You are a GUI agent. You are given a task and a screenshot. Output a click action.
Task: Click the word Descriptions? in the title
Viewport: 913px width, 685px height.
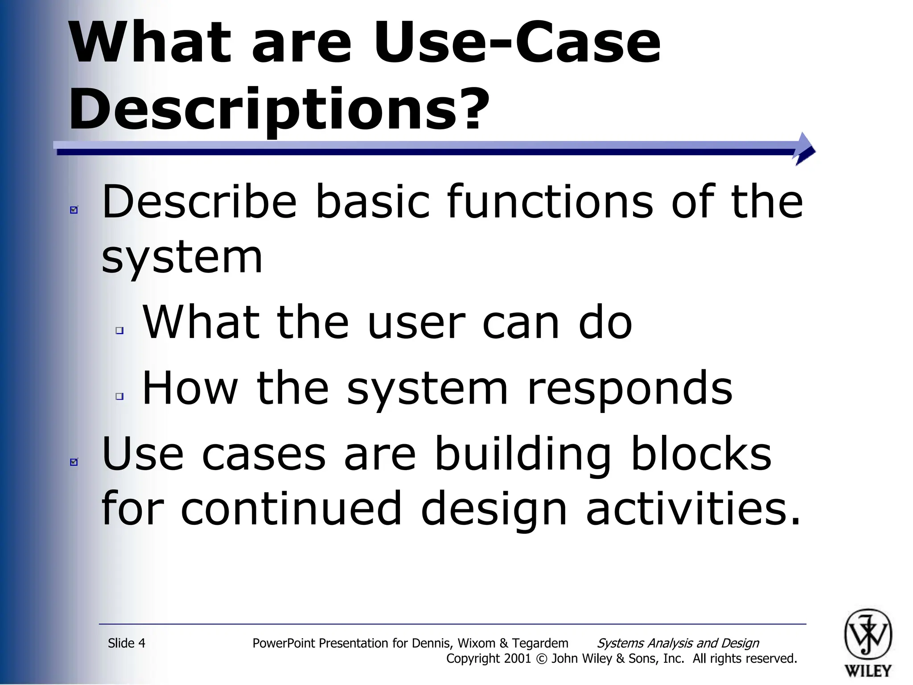tap(279, 109)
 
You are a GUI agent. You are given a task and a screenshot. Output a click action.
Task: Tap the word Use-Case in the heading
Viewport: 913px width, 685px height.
tap(517, 43)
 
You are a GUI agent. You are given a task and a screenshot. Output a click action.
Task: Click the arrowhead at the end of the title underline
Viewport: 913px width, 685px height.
tap(805, 149)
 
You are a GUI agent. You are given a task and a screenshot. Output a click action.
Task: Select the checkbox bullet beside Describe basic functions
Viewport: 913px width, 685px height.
tap(74, 210)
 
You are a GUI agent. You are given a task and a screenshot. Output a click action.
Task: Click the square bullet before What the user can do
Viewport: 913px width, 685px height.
tap(119, 330)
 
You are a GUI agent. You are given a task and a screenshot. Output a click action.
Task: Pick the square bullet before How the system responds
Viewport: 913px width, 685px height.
tap(119, 396)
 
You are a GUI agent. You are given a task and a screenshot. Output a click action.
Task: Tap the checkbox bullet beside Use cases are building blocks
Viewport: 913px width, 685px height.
tap(74, 462)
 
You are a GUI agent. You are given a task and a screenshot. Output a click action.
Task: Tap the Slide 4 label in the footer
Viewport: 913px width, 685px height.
tap(127, 643)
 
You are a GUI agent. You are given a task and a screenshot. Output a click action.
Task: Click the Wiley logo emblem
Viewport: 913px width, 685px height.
tap(868, 634)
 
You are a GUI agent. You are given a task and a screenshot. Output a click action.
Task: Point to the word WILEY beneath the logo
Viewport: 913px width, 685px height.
tap(868, 670)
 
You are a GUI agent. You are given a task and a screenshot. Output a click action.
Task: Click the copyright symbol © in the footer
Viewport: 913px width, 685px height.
tap(541, 659)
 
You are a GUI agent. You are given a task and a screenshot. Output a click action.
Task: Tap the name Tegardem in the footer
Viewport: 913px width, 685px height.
tap(540, 643)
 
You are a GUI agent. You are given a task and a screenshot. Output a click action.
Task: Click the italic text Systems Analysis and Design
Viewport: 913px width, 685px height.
tap(678, 643)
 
